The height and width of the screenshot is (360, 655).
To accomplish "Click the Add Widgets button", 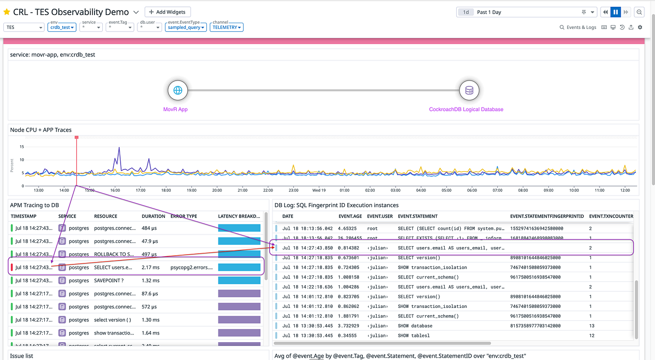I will click(x=167, y=12).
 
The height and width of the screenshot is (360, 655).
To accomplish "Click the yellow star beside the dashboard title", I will click(x=7, y=12).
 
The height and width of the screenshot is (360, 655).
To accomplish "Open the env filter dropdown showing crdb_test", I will click(x=63, y=28).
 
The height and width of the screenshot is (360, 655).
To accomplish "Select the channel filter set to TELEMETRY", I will click(x=227, y=28).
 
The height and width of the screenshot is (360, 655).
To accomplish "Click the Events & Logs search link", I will click(x=578, y=28).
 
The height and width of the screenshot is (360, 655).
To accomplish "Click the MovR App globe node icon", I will click(x=177, y=90).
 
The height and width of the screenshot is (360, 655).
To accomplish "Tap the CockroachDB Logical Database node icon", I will click(x=469, y=90).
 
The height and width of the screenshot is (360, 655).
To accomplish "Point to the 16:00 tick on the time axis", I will click(x=115, y=190).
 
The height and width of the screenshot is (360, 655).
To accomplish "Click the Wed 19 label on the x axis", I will click(x=319, y=190).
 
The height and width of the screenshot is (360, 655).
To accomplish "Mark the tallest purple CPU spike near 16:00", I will click(x=119, y=148).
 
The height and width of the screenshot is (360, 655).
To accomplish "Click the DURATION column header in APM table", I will click(x=153, y=216).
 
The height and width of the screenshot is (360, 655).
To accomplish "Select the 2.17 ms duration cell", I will click(x=150, y=267).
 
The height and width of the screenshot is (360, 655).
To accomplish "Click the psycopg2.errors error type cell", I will click(x=191, y=267).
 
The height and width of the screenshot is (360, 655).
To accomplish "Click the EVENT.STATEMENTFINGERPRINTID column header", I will click(x=547, y=216).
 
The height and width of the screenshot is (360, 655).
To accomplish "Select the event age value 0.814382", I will click(x=349, y=248).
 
